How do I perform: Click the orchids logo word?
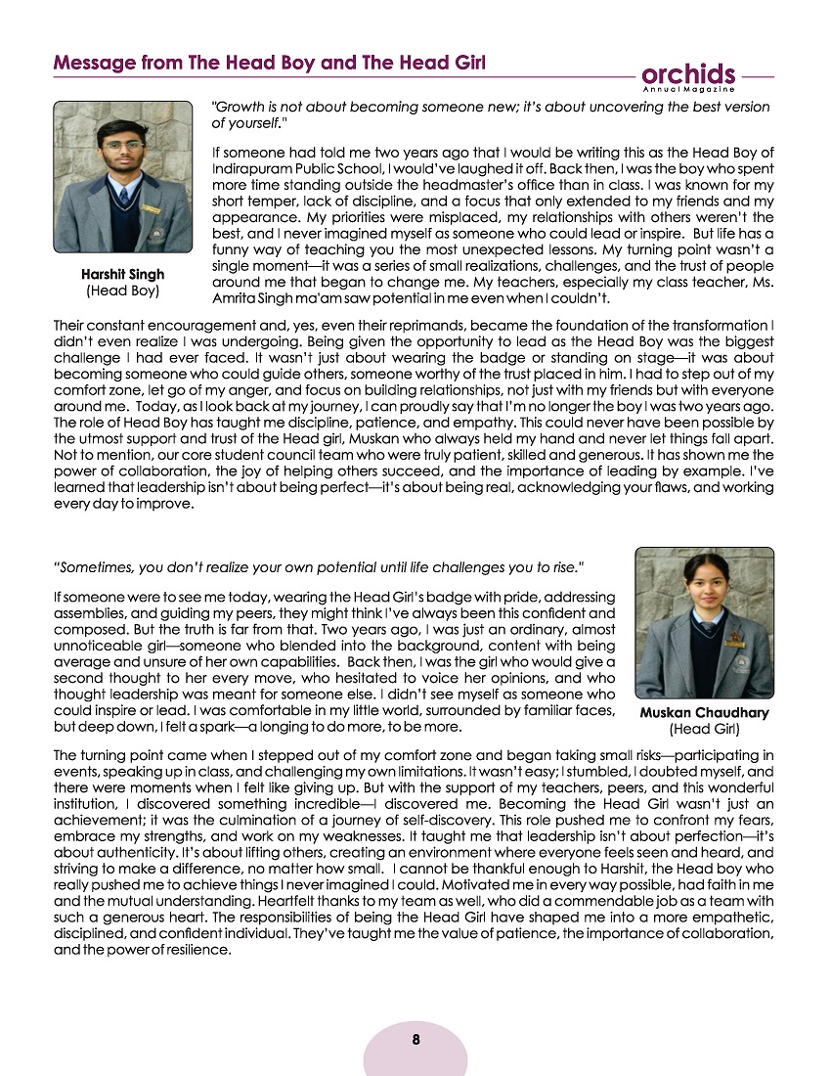pyautogui.click(x=689, y=74)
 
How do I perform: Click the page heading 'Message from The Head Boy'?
pyautogui.click(x=270, y=63)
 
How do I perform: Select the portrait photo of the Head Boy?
pyautogui.click(x=109, y=177)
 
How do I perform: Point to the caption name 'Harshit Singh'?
pyautogui.click(x=123, y=275)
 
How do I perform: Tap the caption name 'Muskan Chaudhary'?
pyautogui.click(x=704, y=713)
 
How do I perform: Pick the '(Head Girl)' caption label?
pyautogui.click(x=704, y=729)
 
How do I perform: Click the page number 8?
pyautogui.click(x=415, y=1040)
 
